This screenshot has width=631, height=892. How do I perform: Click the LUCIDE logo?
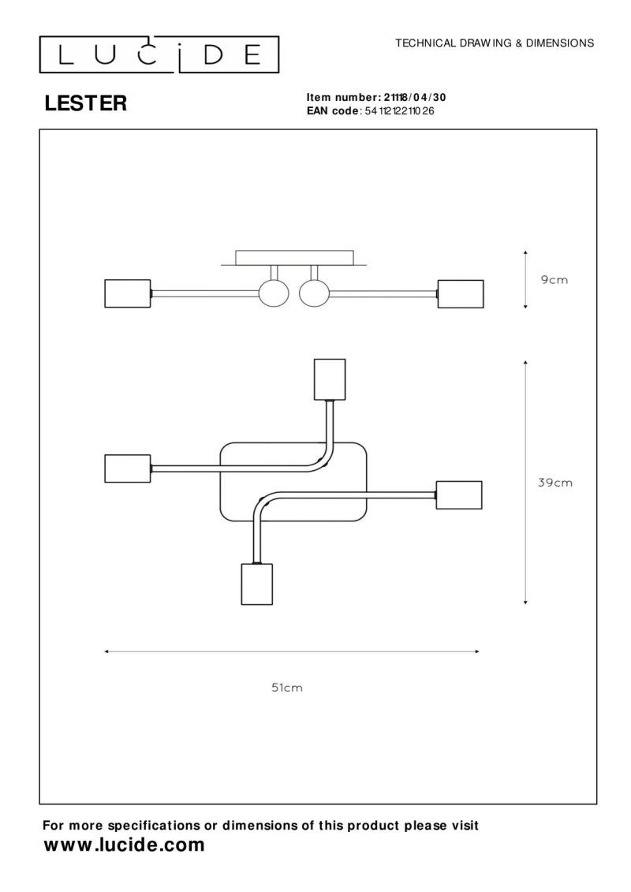click(159, 54)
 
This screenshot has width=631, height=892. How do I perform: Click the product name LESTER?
click(85, 103)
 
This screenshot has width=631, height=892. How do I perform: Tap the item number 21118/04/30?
click(415, 97)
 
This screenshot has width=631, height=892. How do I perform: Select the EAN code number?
click(399, 111)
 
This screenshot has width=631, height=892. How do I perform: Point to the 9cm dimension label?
click(554, 280)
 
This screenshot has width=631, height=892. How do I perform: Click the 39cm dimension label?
click(555, 483)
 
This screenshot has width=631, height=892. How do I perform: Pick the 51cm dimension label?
click(287, 688)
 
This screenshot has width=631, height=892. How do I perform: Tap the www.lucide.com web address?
click(124, 845)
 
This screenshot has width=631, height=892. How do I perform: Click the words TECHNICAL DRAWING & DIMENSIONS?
click(495, 43)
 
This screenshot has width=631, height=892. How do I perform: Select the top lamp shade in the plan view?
click(330, 379)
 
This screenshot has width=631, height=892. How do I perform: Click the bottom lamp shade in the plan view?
click(256, 584)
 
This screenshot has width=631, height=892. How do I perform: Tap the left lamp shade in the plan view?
click(128, 468)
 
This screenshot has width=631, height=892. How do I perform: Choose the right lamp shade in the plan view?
click(459, 495)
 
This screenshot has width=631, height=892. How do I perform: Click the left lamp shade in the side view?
click(128, 293)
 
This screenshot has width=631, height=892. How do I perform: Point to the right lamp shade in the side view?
click(461, 294)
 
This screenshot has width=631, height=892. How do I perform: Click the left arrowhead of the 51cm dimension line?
click(106, 651)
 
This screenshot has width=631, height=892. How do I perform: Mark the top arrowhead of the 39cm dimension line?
click(526, 362)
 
